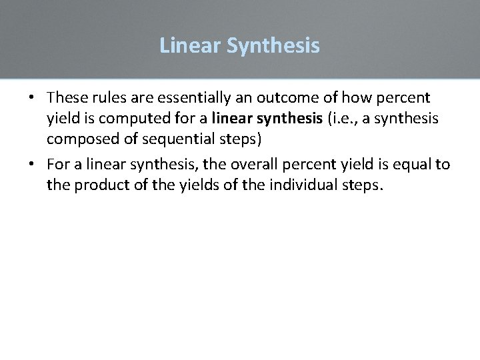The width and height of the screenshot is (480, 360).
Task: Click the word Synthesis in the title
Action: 273,46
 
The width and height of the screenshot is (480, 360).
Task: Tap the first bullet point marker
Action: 31,98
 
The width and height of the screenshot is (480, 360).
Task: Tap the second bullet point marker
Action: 31,165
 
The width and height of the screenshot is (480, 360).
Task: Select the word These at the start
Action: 68,97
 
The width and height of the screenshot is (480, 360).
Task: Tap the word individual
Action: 302,185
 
